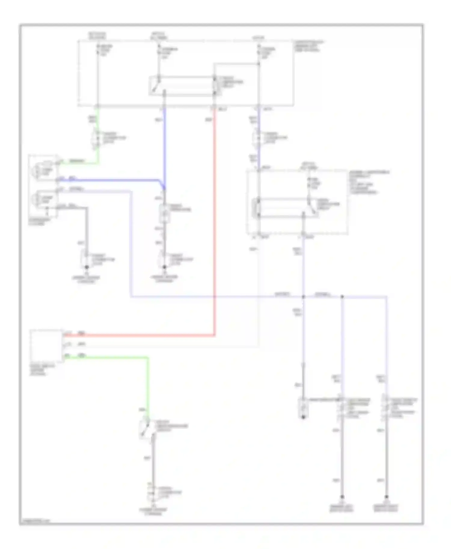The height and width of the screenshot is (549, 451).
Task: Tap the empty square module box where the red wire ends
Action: (x=46, y=345)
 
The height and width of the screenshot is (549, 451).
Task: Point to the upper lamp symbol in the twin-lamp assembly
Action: (x=37, y=170)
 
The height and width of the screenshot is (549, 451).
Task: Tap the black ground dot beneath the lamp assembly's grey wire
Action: (x=87, y=267)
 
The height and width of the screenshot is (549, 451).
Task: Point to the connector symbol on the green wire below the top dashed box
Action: (x=97, y=138)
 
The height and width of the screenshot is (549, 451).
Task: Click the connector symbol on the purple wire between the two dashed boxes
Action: (x=258, y=138)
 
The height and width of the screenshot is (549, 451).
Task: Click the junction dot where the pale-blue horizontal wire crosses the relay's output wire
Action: (x=303, y=297)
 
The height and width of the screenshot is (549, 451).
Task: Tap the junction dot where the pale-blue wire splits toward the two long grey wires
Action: (x=342, y=297)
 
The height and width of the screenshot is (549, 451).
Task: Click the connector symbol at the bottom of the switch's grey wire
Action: (x=152, y=494)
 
